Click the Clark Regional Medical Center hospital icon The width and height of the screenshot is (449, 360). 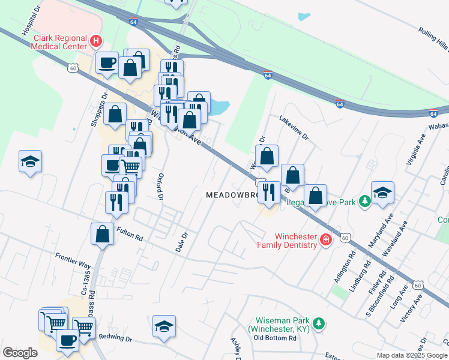(x=96, y=41)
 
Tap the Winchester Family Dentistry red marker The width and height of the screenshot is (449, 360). (x=325, y=240)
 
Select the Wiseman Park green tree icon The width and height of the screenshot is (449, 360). (x=320, y=324)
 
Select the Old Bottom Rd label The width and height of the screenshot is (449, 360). (x=275, y=338)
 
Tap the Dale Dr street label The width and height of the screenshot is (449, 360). (x=181, y=241)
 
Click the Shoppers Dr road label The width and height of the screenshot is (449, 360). (x=98, y=109)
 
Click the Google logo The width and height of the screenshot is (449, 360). (x=20, y=353)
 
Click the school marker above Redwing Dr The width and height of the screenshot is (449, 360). (x=164, y=325)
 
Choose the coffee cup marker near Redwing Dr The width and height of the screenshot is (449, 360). (x=67, y=340)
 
